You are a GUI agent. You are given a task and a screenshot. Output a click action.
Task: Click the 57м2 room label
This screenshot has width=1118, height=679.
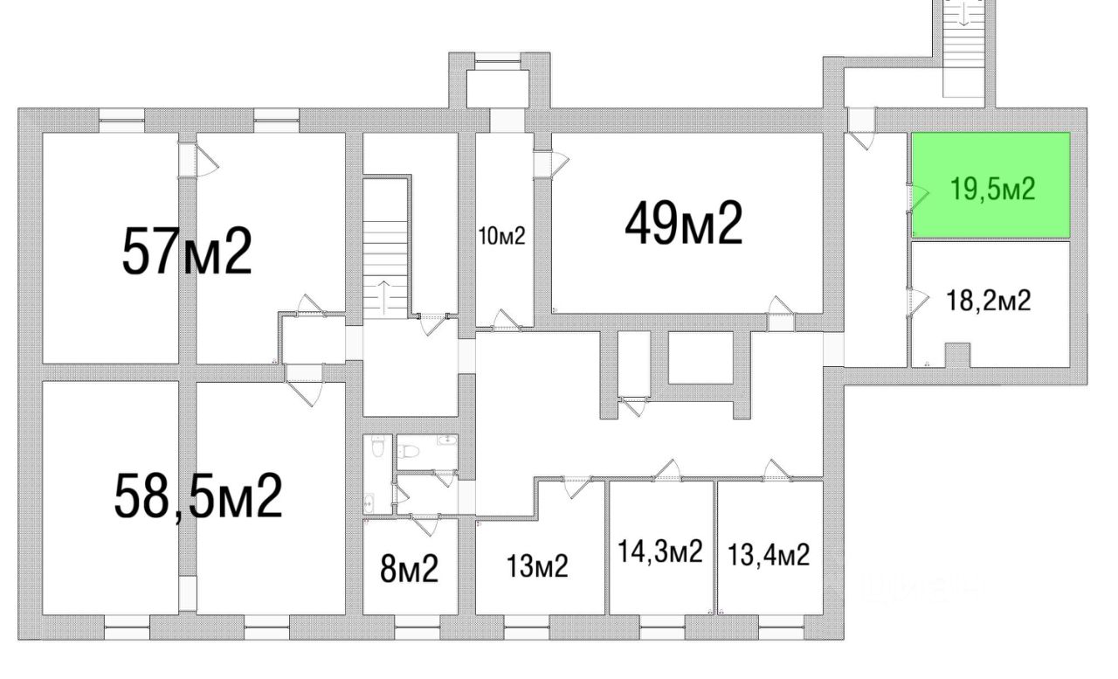coord(187,251)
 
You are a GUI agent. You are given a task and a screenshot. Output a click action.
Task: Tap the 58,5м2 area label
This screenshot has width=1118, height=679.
coord(198,495)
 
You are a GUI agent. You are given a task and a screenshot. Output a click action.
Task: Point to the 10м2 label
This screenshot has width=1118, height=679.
coord(502,236)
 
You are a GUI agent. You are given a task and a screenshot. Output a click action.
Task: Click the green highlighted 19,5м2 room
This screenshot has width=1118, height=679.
coord(991,185)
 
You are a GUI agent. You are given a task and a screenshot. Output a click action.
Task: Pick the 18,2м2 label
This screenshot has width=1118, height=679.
coord(989,301)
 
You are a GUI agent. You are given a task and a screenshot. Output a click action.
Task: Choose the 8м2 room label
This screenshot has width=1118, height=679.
coord(409,570)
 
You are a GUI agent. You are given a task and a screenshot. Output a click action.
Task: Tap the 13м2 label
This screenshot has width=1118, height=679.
coord(538,567)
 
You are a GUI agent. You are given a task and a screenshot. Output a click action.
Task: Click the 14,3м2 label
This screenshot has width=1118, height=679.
coord(660,552)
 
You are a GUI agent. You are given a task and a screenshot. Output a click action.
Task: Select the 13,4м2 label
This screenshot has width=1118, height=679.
coord(769,554)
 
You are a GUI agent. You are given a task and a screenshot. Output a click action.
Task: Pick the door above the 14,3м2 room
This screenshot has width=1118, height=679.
coord(667,470)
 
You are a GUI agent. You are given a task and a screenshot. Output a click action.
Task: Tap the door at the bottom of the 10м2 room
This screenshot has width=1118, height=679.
coord(504,320)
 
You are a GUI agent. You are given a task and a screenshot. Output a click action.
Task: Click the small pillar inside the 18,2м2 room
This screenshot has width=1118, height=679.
coord(958,355)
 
